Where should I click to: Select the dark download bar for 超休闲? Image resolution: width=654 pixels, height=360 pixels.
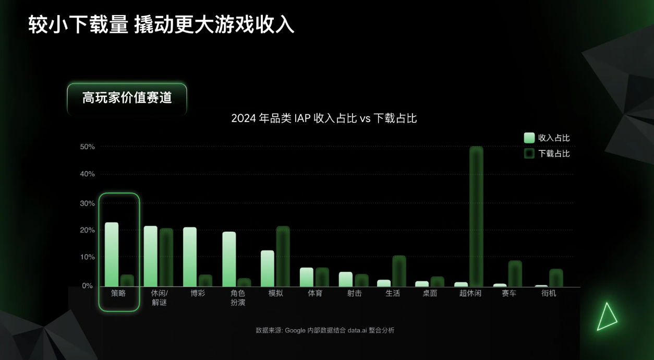pos(476,216)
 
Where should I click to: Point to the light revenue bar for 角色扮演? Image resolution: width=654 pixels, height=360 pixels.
pos(229,259)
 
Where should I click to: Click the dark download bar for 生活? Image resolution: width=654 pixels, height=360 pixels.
pos(399,271)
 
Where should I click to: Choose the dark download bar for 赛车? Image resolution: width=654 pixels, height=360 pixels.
pos(515,273)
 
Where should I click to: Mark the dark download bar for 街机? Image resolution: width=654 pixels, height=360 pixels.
pos(556,278)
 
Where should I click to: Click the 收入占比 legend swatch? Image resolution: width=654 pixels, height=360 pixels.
pos(529,138)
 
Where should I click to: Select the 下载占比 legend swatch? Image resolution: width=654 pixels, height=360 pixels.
pos(529,153)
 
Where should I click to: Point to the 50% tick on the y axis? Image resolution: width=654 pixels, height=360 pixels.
pos(87,147)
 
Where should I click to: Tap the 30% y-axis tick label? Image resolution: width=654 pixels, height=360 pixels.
pos(87,203)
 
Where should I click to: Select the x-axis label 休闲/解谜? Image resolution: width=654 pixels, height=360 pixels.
pos(159,298)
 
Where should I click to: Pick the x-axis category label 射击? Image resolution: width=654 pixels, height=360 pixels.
pos(354,293)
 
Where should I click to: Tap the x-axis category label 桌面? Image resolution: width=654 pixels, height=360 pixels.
pos(430,293)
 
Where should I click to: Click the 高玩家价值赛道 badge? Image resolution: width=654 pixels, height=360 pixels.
pos(127,98)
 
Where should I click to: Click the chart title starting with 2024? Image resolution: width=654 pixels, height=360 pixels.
pos(324,118)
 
